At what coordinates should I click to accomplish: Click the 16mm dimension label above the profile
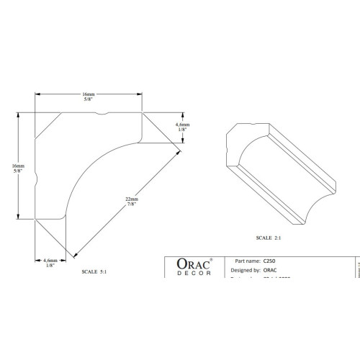click(x=88, y=96)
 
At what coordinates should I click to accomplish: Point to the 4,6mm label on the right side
click(x=182, y=127)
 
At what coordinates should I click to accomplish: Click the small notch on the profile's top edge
click(x=106, y=113)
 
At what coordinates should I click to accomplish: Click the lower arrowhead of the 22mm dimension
click(x=74, y=253)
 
